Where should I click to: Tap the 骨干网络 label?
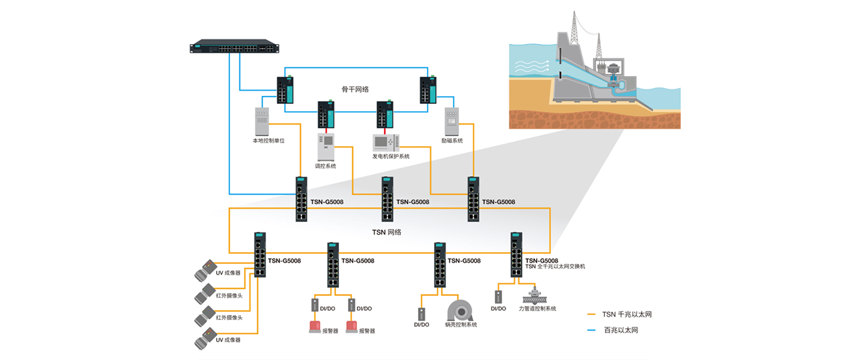tap(355, 89)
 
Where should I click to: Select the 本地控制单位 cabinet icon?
tap(262, 121)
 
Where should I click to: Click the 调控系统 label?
tap(325, 166)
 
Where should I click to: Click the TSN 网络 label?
tap(386, 232)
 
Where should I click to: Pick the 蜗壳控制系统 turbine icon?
tap(460, 310)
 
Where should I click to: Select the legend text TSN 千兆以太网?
tap(626, 314)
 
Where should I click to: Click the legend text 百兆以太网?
tap(621, 330)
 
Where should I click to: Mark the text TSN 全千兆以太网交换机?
tap(555, 267)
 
